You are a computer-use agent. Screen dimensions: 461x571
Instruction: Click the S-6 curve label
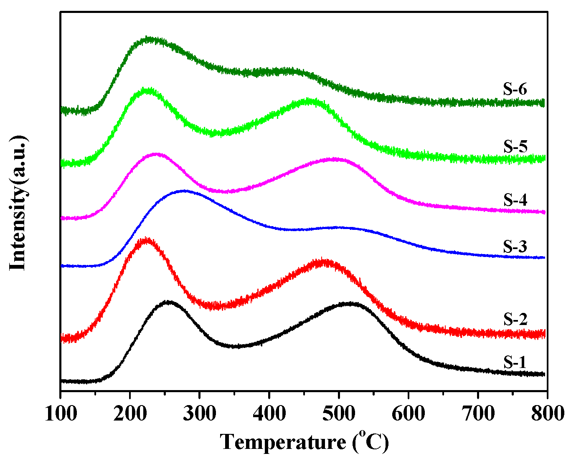pos(515,90)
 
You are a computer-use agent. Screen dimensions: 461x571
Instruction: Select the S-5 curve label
pos(515,147)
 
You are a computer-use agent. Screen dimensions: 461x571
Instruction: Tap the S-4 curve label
pos(515,200)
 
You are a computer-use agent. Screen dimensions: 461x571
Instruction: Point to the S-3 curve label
pos(515,247)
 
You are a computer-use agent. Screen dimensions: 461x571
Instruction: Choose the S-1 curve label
pos(515,362)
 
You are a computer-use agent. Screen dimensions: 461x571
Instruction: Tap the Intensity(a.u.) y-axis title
pos(19,203)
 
